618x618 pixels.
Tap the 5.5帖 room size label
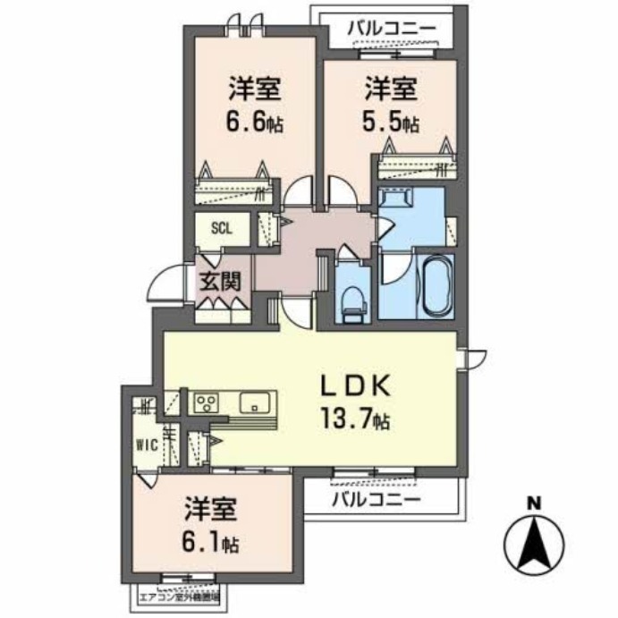(391, 122)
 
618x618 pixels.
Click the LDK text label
(356, 385)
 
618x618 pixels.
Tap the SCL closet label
(221, 227)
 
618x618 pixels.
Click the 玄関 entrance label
(219, 281)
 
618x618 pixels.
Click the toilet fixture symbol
(353, 298)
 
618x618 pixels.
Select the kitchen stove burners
(205, 402)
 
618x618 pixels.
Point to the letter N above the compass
(533, 504)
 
